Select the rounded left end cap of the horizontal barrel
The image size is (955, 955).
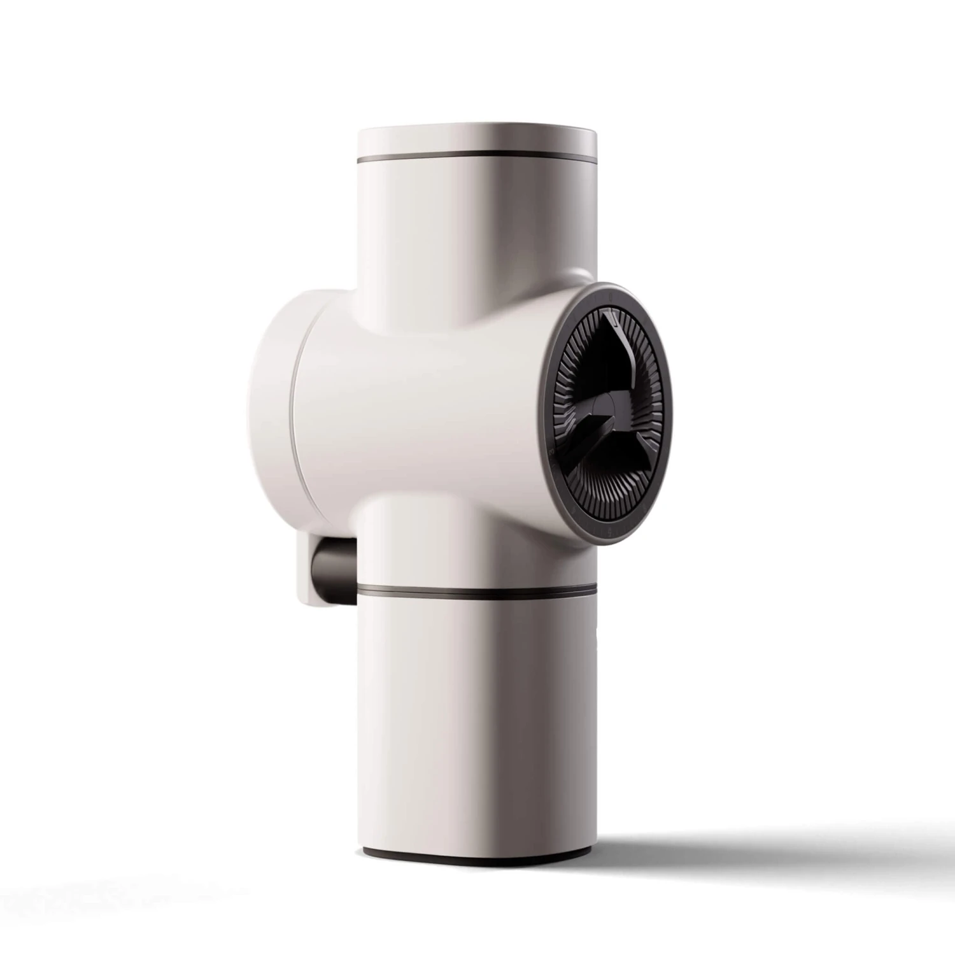271,382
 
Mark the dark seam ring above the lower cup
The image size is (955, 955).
478,591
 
